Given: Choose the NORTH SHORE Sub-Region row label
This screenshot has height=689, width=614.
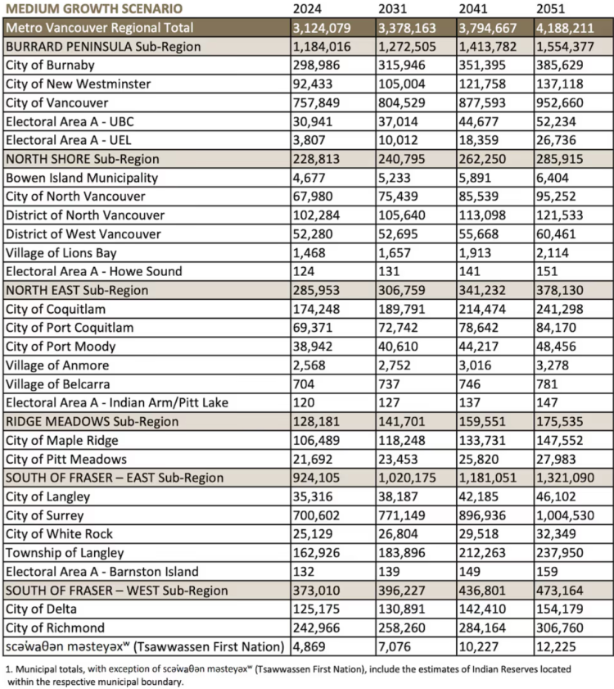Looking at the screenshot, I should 82,159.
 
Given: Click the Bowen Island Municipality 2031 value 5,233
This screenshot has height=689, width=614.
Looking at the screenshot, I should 396,178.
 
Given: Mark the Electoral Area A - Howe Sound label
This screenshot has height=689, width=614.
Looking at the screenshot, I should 93,271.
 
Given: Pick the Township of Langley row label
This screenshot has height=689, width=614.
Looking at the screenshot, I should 64,553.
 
